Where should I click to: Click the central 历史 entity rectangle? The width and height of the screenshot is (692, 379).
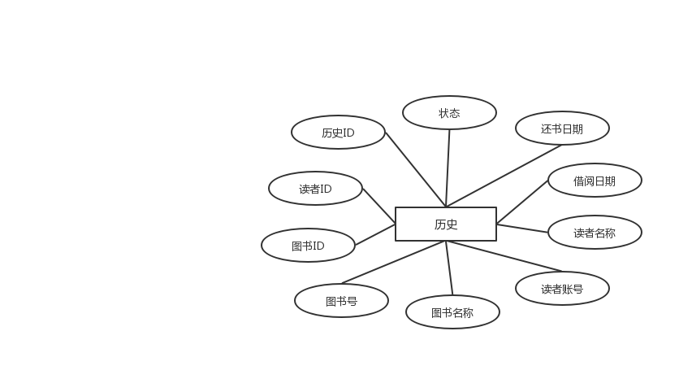445,224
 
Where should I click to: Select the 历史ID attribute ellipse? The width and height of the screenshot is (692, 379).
338,133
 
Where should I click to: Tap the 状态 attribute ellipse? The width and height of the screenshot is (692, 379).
449,113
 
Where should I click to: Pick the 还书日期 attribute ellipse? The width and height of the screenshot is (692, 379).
562,129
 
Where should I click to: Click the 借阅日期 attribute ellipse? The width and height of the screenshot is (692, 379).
595,181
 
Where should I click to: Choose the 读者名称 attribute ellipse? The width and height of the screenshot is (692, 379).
595,233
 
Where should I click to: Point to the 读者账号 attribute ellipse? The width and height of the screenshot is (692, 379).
562,288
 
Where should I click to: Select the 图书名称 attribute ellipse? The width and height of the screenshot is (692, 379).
452,312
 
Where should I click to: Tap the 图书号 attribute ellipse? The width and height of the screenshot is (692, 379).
341,301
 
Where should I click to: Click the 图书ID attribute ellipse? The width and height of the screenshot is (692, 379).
308,246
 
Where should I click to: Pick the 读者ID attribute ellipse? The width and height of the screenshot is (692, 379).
315,189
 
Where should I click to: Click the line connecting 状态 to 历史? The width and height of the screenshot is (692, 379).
448,167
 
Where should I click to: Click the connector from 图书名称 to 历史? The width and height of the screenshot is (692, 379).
448,268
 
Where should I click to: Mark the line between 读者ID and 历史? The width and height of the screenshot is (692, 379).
378,203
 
